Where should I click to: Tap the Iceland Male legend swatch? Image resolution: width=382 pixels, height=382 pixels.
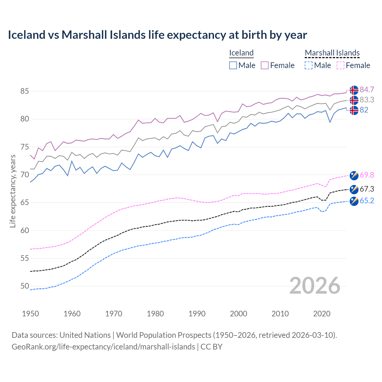[233, 65]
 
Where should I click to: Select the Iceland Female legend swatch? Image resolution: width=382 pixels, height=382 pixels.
[265, 65]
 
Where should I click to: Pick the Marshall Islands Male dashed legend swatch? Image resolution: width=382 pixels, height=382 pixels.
[309, 65]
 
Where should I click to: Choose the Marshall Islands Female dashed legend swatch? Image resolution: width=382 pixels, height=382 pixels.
[341, 65]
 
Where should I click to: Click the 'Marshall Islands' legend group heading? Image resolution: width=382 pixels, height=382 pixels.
[332, 53]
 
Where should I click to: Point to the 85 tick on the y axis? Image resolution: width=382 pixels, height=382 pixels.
[24, 91]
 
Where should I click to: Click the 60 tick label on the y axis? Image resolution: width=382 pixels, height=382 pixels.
[24, 230]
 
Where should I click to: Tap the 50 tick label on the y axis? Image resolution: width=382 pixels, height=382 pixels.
[24, 286]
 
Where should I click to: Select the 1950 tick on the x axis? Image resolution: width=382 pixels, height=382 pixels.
[30, 314]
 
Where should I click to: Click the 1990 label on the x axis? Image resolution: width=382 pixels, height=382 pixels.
[197, 314]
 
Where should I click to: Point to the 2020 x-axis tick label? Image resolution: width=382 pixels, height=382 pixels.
[322, 314]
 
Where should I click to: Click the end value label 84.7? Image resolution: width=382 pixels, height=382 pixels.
[367, 90]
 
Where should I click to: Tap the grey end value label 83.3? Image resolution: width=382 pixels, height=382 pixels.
[367, 100]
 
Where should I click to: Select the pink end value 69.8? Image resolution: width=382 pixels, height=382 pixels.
[367, 175]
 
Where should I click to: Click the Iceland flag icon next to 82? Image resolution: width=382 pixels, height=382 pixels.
[354, 110]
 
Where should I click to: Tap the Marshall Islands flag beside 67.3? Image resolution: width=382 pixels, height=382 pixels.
[354, 189]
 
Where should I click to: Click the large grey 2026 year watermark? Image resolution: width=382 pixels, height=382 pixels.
[315, 286]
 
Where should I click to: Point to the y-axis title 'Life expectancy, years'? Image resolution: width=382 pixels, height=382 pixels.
[13, 191]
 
